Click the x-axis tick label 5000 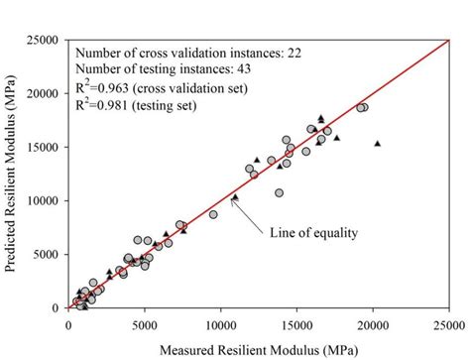[146, 323]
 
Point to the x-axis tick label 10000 [221, 323]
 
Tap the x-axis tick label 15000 [297, 323]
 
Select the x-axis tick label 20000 [373, 323]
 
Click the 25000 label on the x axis [448, 323]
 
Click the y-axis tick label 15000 [47, 147]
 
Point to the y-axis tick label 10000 [47, 200]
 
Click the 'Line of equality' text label [312, 233]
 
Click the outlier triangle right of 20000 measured [378, 144]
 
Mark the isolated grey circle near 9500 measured [213, 214]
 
